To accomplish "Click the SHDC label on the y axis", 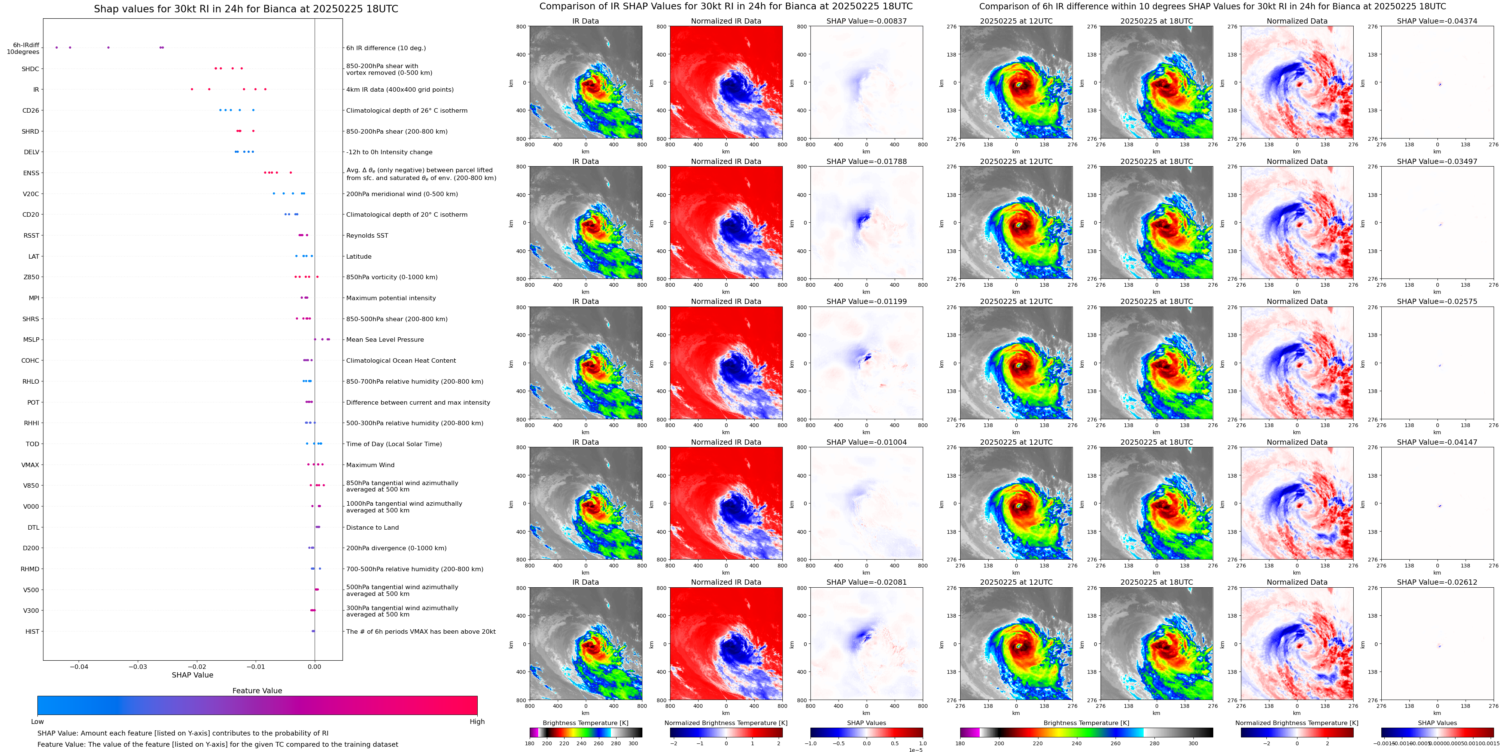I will (x=30, y=69).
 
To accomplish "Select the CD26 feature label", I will (x=30, y=110).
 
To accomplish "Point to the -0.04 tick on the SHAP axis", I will (x=79, y=666).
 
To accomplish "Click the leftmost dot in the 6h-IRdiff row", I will (x=57, y=47).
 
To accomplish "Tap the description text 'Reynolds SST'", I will (x=367, y=236).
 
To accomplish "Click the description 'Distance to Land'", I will (x=372, y=527).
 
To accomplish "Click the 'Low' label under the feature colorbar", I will (x=37, y=722).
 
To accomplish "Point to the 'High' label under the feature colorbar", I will (x=477, y=722).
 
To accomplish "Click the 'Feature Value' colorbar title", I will (x=257, y=691).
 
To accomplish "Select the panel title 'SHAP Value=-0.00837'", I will (x=867, y=21).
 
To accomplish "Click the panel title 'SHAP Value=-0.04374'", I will (x=1437, y=21).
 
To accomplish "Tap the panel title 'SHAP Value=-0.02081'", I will (x=867, y=582).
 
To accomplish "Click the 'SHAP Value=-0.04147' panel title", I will (x=1437, y=442).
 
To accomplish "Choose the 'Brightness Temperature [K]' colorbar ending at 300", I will (x=586, y=732).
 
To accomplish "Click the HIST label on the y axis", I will (x=32, y=631).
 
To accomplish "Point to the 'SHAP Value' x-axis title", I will (x=192, y=675).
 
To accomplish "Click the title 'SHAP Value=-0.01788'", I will (x=867, y=162).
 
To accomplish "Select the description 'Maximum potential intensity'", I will (x=391, y=298).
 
